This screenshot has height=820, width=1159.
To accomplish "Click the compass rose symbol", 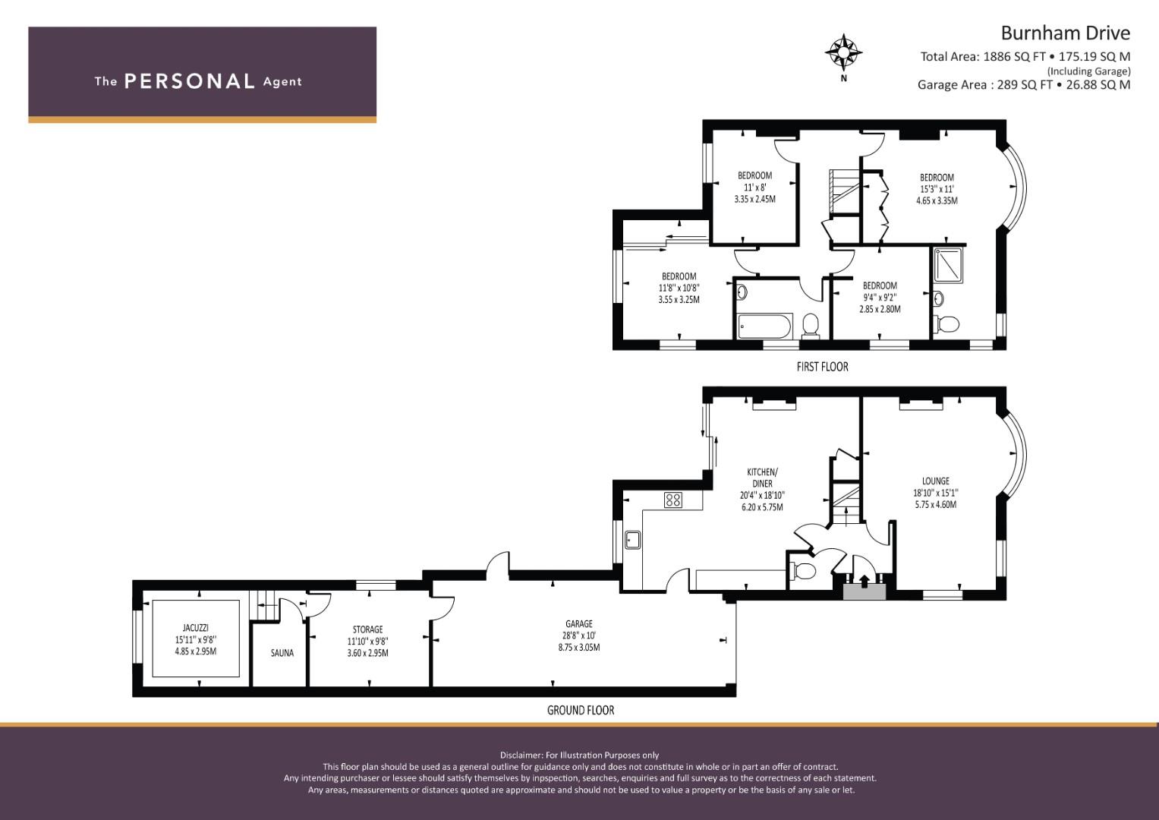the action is click(x=843, y=52).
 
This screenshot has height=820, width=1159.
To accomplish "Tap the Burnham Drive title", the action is click(x=1066, y=33).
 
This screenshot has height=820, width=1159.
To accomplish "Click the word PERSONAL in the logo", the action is click(x=190, y=81).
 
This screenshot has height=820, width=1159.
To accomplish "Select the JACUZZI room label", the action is click(x=196, y=628).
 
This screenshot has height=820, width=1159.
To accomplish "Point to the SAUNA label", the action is click(x=282, y=653).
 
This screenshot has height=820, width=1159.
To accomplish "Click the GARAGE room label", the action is click(x=579, y=624).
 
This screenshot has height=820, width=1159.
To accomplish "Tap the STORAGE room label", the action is click(x=368, y=629).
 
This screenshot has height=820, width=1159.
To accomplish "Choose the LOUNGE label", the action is click(x=936, y=481).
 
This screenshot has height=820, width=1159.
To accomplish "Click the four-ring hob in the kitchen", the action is click(x=673, y=500).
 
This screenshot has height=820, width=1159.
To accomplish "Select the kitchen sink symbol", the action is click(x=632, y=540).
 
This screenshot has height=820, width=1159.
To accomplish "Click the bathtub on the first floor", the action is click(x=765, y=326).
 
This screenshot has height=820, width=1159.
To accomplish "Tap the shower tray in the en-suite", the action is click(x=948, y=266).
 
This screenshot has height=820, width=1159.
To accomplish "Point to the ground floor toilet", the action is click(x=804, y=571).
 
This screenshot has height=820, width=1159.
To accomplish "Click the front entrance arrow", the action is click(x=864, y=581).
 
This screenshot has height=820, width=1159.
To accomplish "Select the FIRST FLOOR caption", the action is click(x=822, y=367).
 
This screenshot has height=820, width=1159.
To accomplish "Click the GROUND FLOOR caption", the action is click(x=581, y=710).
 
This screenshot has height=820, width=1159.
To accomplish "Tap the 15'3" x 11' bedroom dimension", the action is click(x=937, y=190).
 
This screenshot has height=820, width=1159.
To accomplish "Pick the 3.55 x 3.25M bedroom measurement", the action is click(x=679, y=300).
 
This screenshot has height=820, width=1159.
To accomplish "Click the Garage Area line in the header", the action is click(x=1024, y=85).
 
